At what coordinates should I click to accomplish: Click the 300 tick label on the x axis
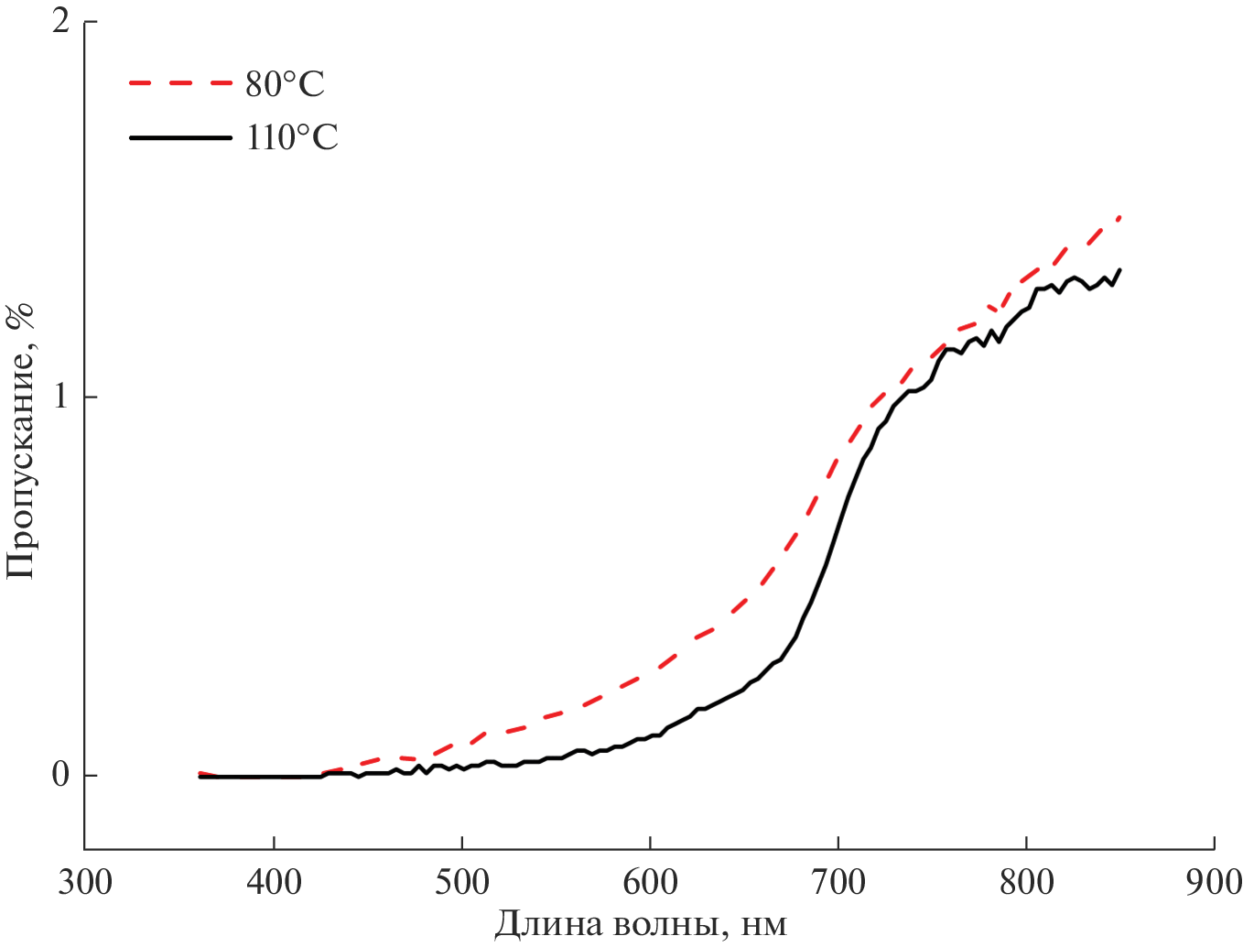(85, 882)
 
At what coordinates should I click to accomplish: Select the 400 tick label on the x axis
(274, 882)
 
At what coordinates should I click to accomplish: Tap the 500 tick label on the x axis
(462, 882)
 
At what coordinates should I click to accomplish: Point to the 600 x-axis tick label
(650, 882)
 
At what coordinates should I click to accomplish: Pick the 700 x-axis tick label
(838, 882)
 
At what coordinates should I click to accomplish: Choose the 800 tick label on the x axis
(1026, 882)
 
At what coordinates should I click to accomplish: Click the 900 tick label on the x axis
(1214, 882)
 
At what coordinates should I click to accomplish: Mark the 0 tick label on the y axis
(60, 775)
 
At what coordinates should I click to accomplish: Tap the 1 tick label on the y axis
(61, 397)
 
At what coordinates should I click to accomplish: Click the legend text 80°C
(285, 84)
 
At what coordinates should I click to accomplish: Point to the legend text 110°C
(292, 137)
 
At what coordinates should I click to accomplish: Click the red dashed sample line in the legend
(179, 83)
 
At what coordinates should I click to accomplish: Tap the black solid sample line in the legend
(179, 137)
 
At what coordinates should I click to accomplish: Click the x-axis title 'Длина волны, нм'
(641, 924)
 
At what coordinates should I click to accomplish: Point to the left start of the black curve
(200, 777)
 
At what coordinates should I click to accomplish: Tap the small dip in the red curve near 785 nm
(996, 312)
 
